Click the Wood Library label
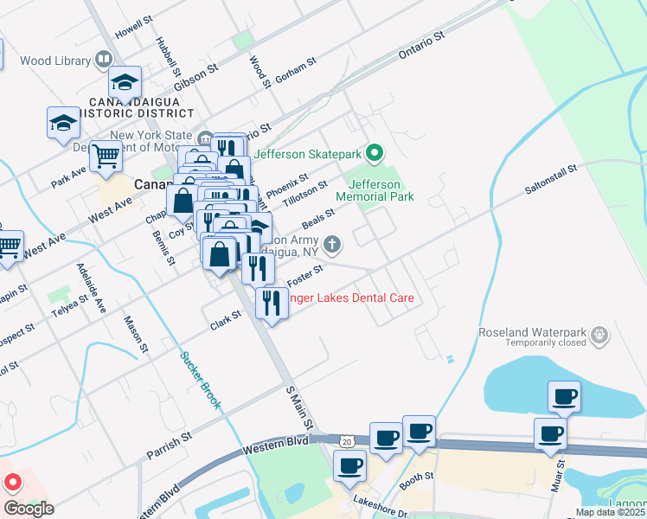55,61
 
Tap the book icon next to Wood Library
104,60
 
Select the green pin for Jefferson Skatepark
374,154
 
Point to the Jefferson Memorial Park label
375,190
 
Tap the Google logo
29,509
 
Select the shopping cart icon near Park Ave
106,157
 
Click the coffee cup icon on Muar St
550,434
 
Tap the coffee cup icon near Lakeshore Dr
349,466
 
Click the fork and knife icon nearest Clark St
272,303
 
